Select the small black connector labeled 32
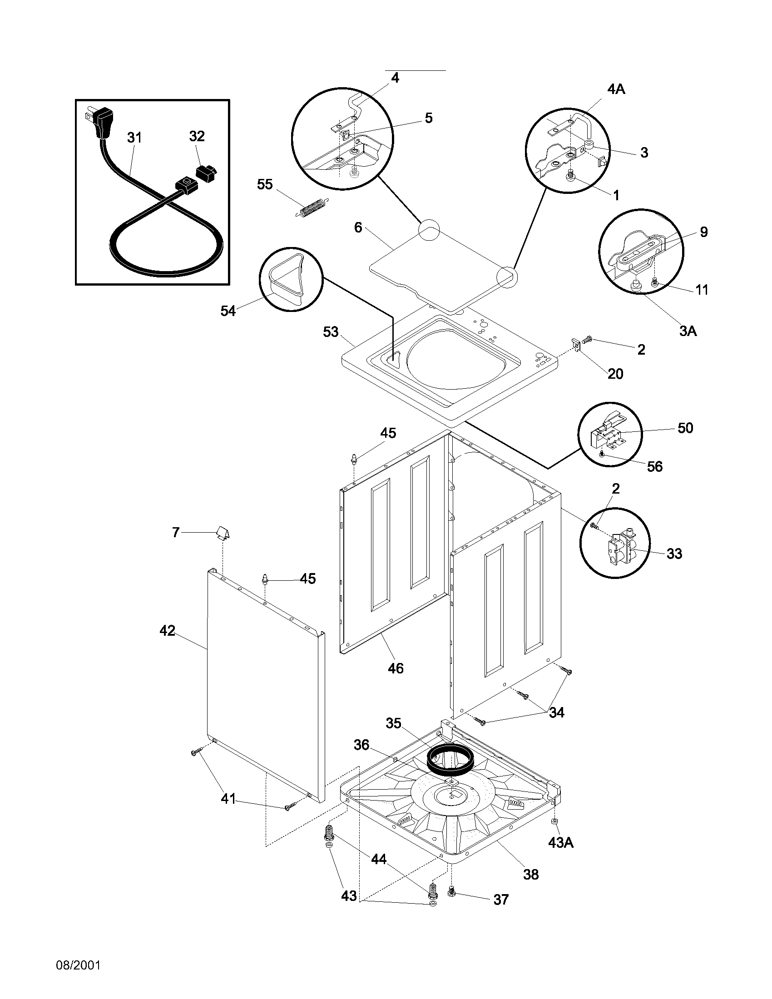click(x=206, y=173)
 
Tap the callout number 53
click(x=331, y=331)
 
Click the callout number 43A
click(x=561, y=842)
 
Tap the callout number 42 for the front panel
click(x=167, y=631)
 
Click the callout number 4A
click(x=616, y=89)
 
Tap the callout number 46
click(x=396, y=668)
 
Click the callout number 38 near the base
click(x=530, y=874)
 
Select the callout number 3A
click(x=688, y=331)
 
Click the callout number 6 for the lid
click(x=358, y=227)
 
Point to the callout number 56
click(x=655, y=466)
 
